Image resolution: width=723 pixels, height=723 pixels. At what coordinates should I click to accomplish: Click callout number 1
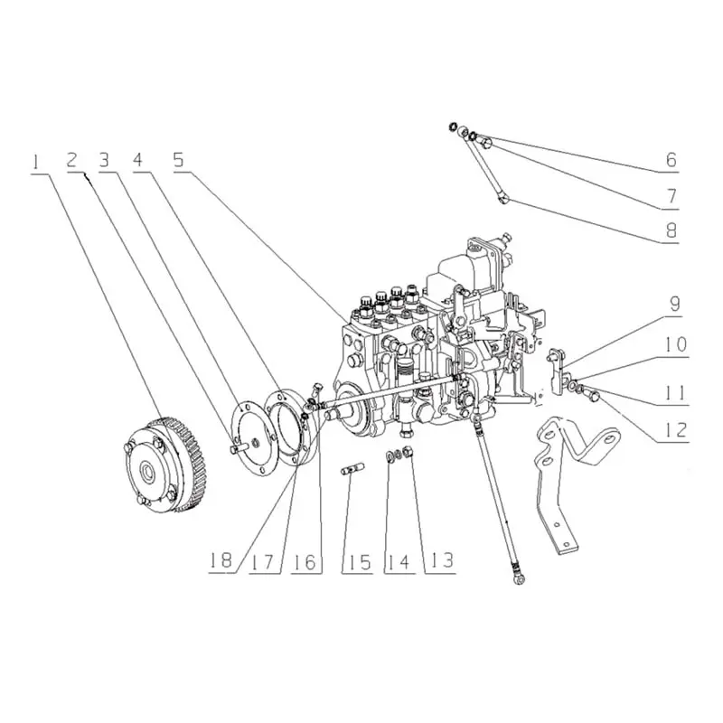click(x=34, y=164)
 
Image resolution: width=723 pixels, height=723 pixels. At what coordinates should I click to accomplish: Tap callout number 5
click(x=178, y=160)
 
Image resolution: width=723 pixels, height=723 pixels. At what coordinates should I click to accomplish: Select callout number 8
click(x=671, y=230)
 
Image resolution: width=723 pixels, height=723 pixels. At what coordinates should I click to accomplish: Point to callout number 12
click(x=676, y=430)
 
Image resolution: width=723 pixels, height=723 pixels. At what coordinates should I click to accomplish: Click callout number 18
click(x=221, y=561)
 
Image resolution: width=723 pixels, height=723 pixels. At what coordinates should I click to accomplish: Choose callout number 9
click(x=674, y=304)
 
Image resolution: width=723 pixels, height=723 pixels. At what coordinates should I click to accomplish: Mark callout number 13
click(x=442, y=561)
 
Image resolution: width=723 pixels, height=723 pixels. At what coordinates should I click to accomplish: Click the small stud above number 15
click(x=352, y=471)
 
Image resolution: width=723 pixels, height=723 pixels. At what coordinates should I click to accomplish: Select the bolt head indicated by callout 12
click(x=594, y=395)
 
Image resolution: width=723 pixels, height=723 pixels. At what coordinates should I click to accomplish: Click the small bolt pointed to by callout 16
click(x=316, y=388)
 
